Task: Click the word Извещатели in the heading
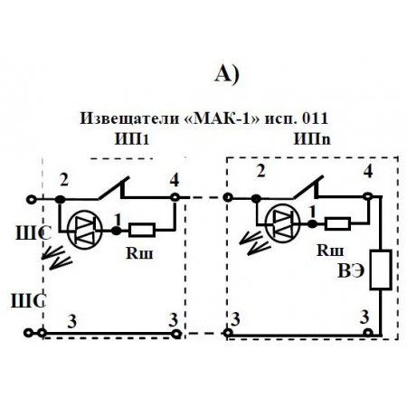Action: click(x=124, y=118)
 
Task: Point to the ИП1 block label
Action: click(x=132, y=138)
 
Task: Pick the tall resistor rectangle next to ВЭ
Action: click(x=380, y=269)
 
